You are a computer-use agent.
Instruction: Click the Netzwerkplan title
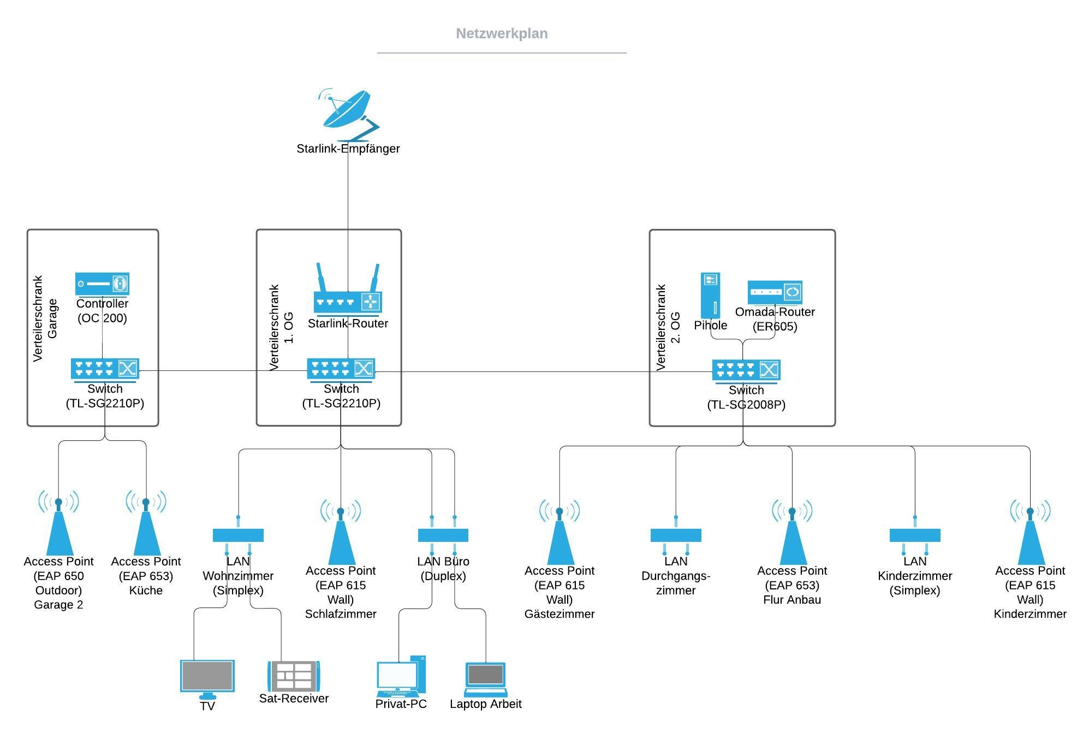[x=502, y=34]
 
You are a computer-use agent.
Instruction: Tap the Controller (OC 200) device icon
[x=102, y=284]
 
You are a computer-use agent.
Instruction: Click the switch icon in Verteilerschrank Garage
[x=105, y=369]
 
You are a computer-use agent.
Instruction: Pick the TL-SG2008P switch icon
[x=746, y=370]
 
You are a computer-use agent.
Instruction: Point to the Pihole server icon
[x=710, y=296]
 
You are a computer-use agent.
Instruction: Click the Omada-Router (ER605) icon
[x=775, y=292]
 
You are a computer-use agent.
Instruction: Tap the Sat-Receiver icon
[x=294, y=676]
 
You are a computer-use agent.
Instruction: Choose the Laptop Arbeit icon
[x=485, y=680]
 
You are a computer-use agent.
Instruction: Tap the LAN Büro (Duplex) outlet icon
[x=443, y=535]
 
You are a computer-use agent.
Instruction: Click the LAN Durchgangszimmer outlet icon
[x=676, y=535]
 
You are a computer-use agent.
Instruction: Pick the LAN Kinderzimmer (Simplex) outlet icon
[x=915, y=535]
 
